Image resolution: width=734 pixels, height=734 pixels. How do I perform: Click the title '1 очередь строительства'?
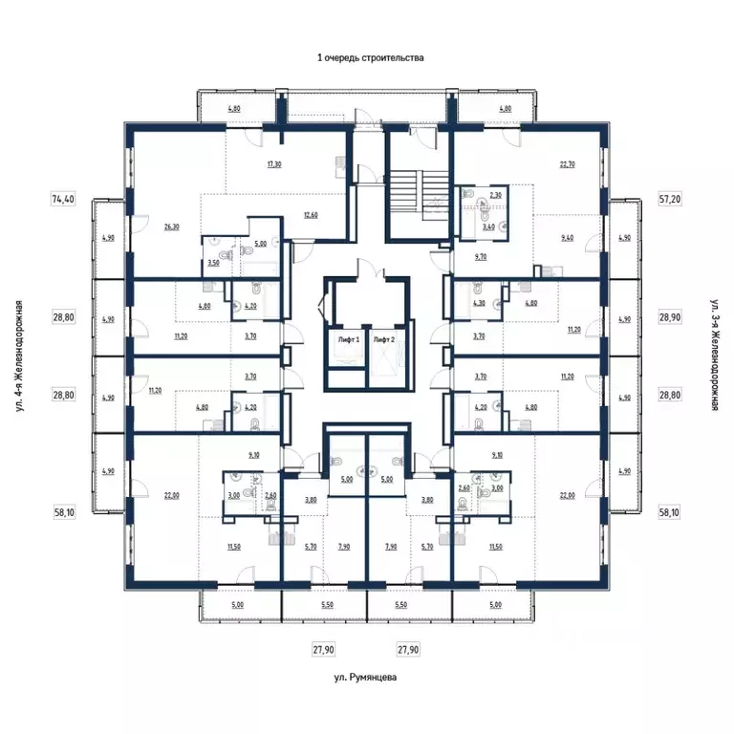pos(370,58)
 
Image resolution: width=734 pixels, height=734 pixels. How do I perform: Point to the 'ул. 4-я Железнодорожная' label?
pos(19,356)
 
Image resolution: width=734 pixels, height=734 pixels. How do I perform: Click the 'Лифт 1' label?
pos(346,339)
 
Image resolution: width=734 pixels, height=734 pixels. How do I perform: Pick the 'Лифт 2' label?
pos(384,339)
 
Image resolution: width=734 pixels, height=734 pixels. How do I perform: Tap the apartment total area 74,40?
pos(62,200)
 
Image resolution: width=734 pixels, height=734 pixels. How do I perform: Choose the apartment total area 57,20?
pos(671,200)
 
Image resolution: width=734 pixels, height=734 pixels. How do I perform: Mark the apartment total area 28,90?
pos(671,314)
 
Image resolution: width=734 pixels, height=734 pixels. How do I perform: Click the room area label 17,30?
pos(274,164)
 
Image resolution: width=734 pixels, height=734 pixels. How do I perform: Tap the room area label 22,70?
pos(569,163)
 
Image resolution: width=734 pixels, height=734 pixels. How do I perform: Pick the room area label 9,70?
pos(480,257)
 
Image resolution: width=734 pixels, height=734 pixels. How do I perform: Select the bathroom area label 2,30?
pos(495,195)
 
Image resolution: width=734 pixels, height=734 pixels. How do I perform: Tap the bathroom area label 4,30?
pos(479,304)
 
